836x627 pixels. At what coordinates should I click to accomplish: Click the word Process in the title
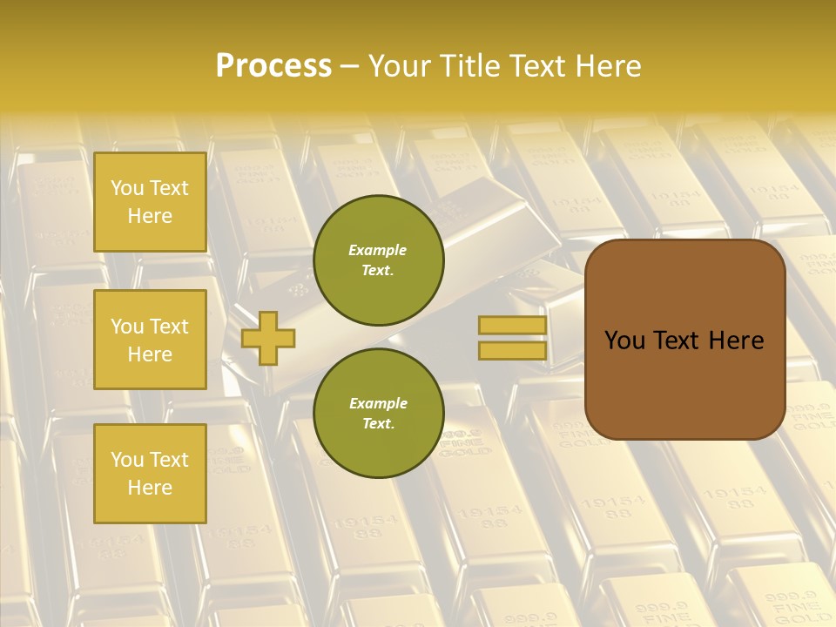(x=273, y=66)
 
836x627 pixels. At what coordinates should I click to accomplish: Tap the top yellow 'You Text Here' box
(x=150, y=202)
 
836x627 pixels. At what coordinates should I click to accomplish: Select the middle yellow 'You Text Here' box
(x=150, y=340)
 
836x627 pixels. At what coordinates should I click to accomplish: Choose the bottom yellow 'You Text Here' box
(x=150, y=473)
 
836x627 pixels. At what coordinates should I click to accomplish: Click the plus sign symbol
(x=268, y=338)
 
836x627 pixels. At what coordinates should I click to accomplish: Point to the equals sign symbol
(x=512, y=338)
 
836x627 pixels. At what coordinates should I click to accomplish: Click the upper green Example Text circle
(x=379, y=260)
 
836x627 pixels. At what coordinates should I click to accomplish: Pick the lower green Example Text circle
(x=379, y=413)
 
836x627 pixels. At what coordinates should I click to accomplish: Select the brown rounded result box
(x=684, y=340)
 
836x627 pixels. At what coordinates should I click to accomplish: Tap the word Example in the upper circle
(x=378, y=250)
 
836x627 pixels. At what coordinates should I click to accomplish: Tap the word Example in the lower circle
(x=378, y=403)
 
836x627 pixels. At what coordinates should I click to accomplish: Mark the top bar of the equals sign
(x=512, y=326)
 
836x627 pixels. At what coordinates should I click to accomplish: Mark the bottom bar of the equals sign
(x=512, y=351)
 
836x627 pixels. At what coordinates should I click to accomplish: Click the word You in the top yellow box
(x=127, y=188)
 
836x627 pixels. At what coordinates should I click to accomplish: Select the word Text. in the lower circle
(x=378, y=424)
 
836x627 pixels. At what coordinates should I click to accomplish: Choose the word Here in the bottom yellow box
(x=150, y=488)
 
